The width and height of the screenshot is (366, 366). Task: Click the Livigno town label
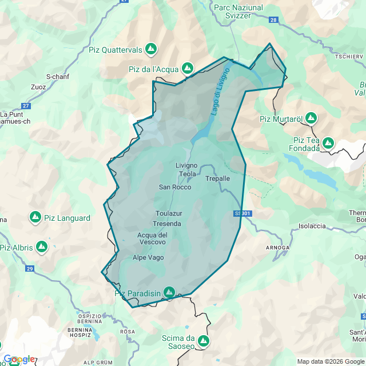tap(186, 165)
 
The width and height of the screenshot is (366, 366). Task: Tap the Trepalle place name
tap(217, 178)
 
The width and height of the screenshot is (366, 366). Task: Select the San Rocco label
tap(175, 187)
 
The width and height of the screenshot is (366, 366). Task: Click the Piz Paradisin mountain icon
tap(169, 292)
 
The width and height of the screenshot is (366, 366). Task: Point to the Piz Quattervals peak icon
tap(151, 49)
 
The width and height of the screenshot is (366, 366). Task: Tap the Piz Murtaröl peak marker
tap(311, 118)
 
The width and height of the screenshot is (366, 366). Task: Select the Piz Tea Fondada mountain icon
tap(328, 143)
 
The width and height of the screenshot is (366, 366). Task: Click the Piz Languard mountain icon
tap(35, 217)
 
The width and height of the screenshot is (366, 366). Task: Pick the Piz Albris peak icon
tap(41, 247)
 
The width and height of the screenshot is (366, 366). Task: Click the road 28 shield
tap(273, 20)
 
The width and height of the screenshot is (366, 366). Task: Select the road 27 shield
tap(26, 106)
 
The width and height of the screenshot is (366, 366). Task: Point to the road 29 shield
tap(30, 268)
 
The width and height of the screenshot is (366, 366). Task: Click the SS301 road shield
tap(242, 213)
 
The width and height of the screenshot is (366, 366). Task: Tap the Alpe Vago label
tap(148, 257)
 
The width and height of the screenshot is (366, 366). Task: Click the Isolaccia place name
tap(312, 226)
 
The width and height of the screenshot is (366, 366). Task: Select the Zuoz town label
tap(39, 87)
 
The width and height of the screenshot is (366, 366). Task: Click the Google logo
tap(18, 359)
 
